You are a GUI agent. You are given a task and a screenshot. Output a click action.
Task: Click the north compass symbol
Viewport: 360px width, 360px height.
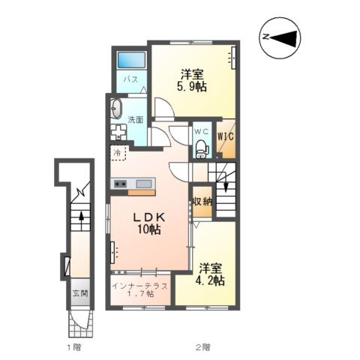280,38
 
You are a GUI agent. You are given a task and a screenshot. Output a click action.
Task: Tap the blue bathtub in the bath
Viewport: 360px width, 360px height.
131,60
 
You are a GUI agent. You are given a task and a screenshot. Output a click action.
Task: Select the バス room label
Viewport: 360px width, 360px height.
130,79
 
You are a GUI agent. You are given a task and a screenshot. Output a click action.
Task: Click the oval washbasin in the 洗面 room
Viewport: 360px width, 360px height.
116,108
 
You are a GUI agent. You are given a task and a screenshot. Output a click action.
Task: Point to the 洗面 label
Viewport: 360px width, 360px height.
136,120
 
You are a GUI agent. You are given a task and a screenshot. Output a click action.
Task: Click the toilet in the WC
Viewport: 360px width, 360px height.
202,149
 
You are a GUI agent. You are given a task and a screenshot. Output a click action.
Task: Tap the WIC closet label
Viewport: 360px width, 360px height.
226,136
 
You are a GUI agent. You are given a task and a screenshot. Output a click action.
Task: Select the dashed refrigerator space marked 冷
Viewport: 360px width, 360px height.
118,153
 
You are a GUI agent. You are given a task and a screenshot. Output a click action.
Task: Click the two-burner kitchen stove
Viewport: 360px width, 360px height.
120,184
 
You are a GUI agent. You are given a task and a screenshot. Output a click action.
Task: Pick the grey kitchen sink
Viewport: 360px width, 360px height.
143,184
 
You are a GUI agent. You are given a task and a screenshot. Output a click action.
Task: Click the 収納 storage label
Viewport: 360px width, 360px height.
202,201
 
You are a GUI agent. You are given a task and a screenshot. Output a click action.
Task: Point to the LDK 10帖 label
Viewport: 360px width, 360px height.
148,223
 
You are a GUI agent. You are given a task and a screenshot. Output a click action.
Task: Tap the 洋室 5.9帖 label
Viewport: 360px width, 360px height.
192,80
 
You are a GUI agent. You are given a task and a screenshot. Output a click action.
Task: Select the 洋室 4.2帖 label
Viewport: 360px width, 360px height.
210,274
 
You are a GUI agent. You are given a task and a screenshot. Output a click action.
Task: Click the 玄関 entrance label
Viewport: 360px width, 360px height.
80,293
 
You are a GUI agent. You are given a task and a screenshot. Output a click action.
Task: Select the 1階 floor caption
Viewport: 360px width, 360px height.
73,346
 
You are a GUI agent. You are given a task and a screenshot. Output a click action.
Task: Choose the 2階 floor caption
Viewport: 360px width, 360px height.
202,346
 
